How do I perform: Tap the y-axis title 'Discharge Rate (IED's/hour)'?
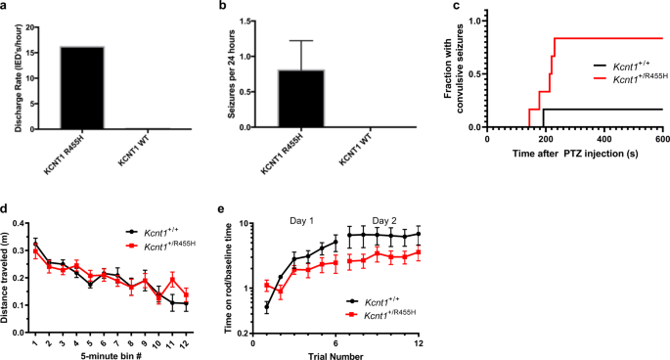pos(11,70)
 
